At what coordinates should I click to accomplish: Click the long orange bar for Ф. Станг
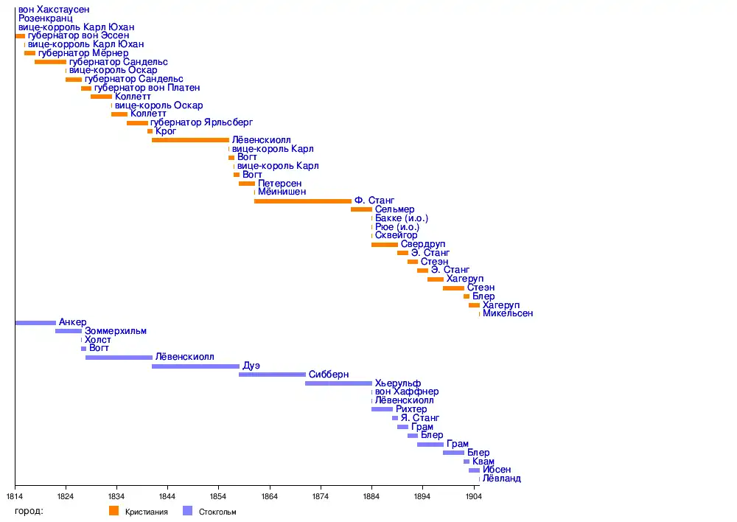302,201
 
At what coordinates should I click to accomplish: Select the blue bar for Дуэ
195,366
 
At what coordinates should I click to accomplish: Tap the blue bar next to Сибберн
272,375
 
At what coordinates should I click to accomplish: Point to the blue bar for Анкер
35,322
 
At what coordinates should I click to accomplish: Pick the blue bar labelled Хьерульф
338,383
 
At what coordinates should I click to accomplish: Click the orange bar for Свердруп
384,244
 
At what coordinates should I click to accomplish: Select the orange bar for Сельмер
361,209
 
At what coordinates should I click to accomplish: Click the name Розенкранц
46,18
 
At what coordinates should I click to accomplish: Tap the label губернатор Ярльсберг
201,122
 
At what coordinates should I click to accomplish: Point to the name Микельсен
508,313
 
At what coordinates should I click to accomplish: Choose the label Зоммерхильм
116,331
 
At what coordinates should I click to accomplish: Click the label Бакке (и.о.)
402,218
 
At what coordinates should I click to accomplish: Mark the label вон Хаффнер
407,391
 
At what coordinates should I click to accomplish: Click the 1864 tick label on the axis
270,496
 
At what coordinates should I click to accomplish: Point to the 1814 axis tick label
15,496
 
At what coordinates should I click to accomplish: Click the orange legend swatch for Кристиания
113,511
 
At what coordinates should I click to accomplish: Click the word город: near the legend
29,511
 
